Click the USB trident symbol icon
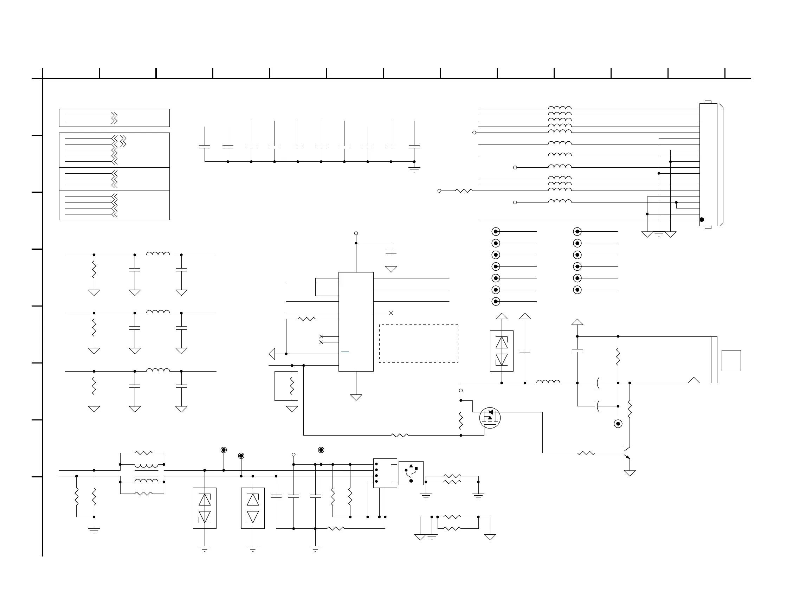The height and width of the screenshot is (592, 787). tap(411, 473)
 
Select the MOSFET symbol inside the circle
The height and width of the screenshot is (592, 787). tap(490, 418)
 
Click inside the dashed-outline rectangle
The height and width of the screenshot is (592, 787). tap(419, 343)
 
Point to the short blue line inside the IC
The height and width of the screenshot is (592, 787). tap(345, 352)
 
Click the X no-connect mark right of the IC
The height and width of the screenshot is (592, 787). tap(391, 313)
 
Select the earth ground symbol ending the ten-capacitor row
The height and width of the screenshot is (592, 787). tap(414, 170)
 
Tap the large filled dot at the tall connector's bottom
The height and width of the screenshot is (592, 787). tap(702, 219)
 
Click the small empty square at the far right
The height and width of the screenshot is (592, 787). tap(731, 360)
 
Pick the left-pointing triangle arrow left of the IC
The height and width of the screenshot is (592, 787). tap(272, 354)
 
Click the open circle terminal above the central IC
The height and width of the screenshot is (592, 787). tap(356, 233)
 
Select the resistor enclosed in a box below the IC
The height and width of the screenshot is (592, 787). tap(292, 386)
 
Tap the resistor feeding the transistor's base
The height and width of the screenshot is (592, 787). tap(586, 453)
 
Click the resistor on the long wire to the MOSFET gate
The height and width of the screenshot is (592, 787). tap(400, 435)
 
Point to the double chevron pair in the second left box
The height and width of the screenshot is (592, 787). tap(123, 141)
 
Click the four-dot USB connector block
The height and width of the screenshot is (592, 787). tap(385, 473)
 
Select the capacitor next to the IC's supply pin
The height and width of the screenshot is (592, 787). tap(391, 251)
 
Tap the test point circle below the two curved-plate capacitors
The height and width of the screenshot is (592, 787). tap(618, 424)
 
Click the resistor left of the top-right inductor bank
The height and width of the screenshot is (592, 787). tap(464, 191)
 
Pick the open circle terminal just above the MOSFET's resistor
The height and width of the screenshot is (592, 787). tap(461, 391)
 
